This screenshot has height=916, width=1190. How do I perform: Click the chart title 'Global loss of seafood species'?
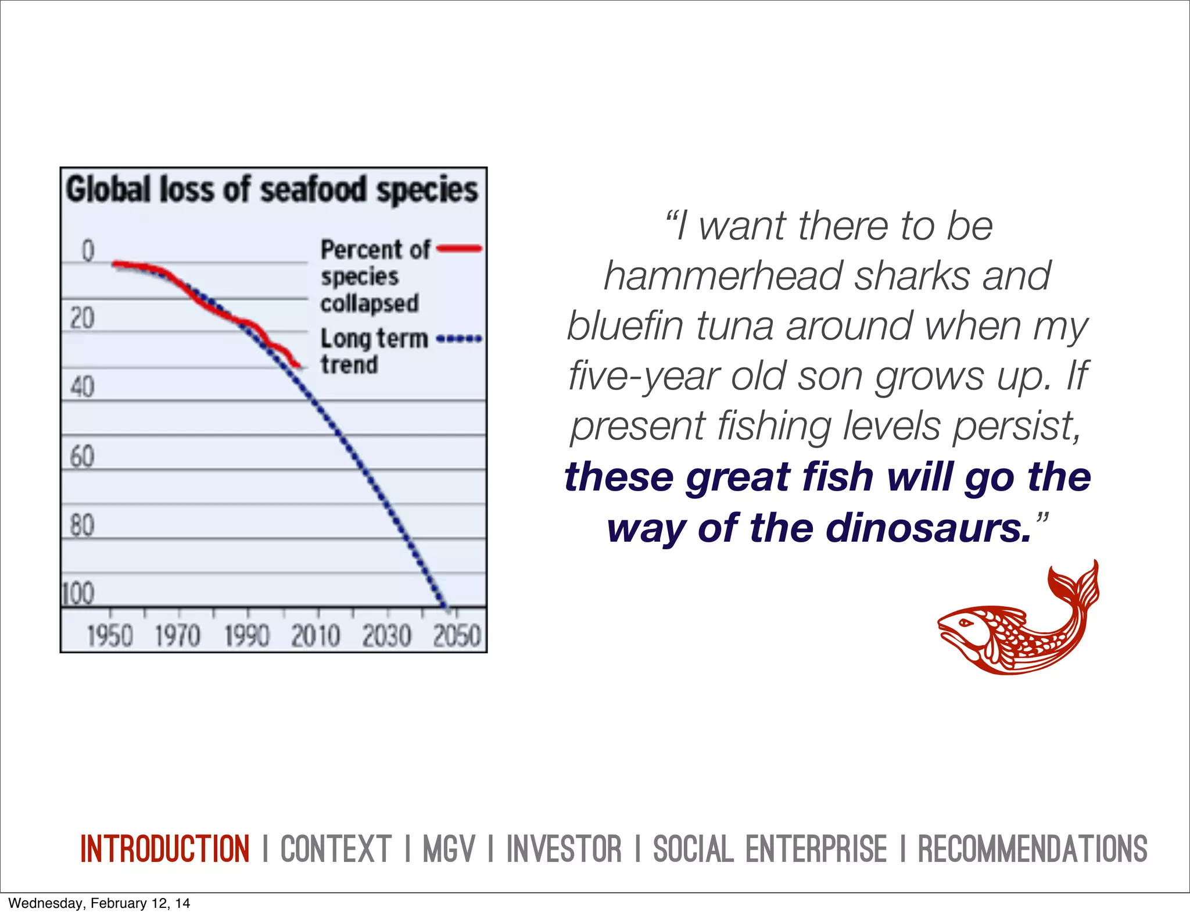tap(271, 190)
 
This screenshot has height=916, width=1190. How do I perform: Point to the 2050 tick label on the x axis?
tap(457, 635)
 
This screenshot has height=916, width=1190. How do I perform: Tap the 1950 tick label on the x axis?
tap(110, 635)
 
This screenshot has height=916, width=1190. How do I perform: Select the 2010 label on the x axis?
tap(316, 635)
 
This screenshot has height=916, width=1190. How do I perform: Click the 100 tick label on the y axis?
tap(78, 594)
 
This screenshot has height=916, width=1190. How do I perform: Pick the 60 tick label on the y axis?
tap(82, 456)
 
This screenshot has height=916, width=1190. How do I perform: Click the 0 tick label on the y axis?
tap(88, 251)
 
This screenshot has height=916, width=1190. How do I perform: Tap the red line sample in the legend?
tap(459, 249)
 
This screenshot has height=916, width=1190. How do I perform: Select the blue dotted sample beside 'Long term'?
tap(459, 338)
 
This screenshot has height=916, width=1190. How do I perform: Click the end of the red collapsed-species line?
tap(299, 365)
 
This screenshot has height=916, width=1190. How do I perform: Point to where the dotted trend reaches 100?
tap(446, 606)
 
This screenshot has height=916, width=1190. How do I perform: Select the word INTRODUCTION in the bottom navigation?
tap(165, 849)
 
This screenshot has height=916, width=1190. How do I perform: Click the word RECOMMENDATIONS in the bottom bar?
tap(1033, 849)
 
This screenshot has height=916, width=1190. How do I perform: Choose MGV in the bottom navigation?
tap(449, 849)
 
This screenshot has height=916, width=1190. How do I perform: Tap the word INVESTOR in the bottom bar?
tap(564, 849)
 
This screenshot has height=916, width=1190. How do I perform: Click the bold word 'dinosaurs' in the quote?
tap(928, 528)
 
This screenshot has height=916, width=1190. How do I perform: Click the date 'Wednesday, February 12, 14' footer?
tap(99, 903)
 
